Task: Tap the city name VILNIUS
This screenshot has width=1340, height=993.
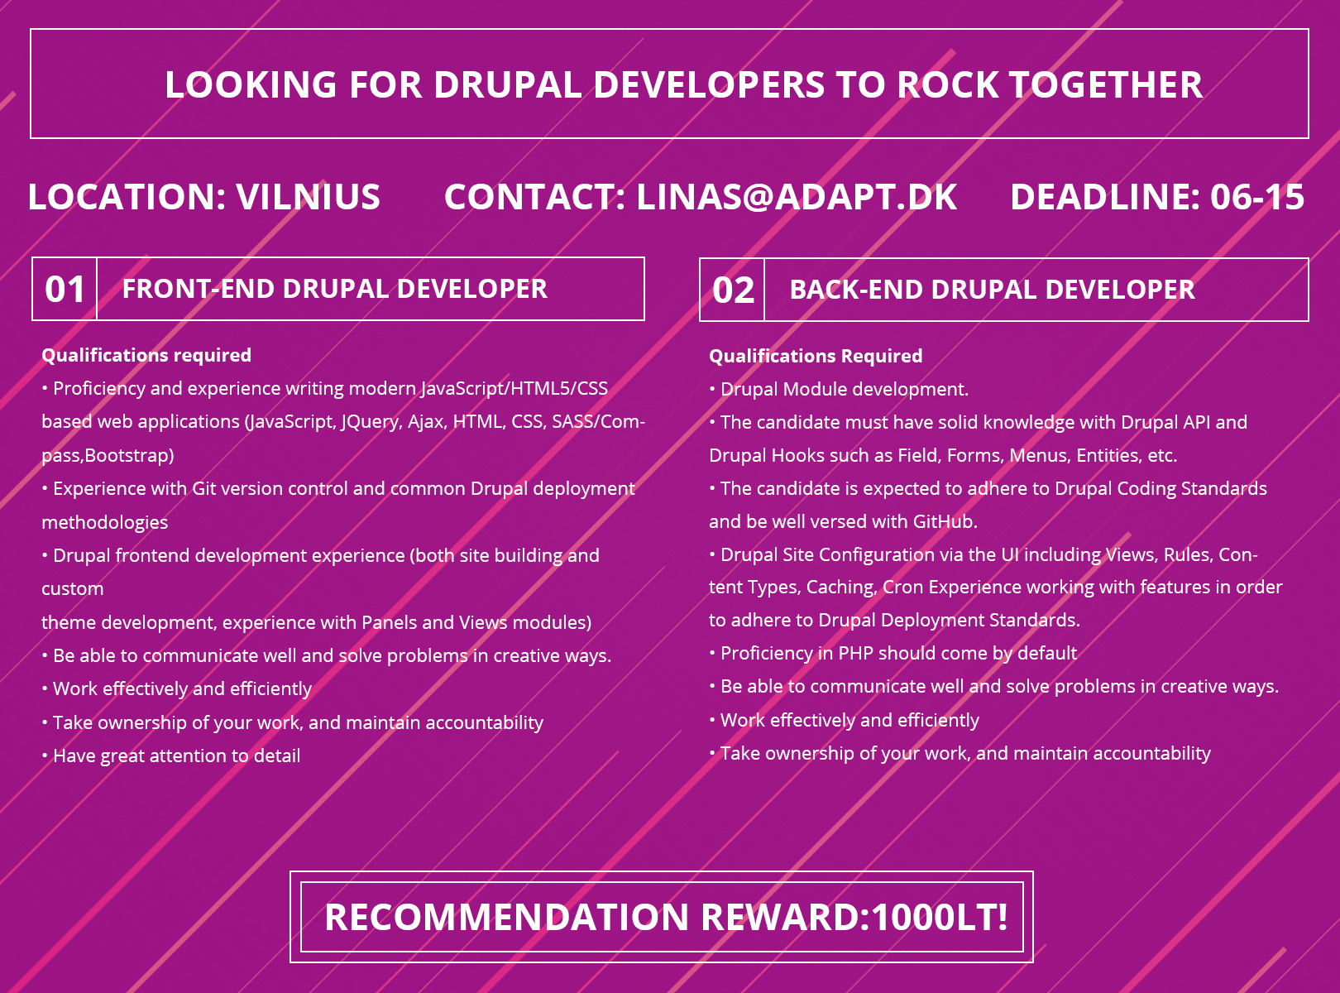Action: coord(308,196)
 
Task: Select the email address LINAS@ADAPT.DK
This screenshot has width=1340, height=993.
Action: coord(797,196)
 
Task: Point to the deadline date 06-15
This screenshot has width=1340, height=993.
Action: coord(1257,196)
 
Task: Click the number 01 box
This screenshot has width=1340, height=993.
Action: coord(65,289)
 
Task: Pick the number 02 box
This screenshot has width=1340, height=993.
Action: coord(732,290)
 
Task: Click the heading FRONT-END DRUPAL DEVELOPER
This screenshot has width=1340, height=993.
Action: coord(335,289)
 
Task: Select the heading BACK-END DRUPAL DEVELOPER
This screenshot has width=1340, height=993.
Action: coord(992,290)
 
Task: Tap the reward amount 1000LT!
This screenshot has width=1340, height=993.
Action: coord(940,917)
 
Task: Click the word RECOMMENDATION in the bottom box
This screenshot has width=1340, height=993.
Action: coord(506,917)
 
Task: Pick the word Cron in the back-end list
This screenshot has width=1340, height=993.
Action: coord(903,587)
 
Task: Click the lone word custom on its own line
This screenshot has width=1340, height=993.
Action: coord(73,589)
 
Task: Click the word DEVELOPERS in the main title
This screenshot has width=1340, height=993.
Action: coord(709,84)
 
